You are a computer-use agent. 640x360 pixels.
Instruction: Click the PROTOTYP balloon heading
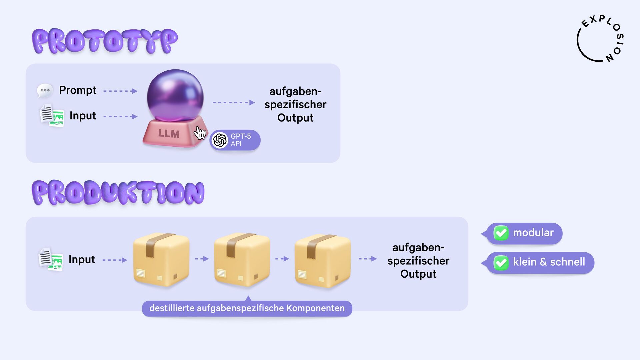[x=105, y=41]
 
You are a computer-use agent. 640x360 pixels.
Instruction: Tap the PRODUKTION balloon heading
[x=118, y=192]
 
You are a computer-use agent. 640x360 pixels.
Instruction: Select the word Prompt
[x=78, y=90]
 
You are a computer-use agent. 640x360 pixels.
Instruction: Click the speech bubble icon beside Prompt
[x=45, y=90]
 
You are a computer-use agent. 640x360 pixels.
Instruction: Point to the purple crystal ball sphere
[x=175, y=95]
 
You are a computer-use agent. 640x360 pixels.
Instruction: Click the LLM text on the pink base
[x=169, y=134]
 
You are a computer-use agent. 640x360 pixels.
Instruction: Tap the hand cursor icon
[x=200, y=133]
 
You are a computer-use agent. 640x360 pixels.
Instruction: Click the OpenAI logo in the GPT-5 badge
[x=220, y=140]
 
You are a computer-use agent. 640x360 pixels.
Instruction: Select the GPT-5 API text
[x=241, y=140]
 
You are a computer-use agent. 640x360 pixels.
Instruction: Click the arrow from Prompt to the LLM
[x=120, y=91]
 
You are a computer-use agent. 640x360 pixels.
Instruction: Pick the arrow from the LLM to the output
[x=234, y=103]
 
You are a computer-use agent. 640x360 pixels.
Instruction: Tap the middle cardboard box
[x=242, y=259]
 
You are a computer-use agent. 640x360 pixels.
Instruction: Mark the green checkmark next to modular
[x=501, y=233]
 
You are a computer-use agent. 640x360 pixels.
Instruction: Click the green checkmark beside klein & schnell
[x=501, y=263]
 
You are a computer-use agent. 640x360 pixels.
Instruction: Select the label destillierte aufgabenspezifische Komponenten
[x=247, y=308]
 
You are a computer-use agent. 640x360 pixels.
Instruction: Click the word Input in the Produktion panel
[x=82, y=259]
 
